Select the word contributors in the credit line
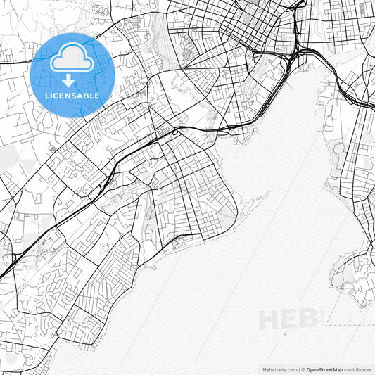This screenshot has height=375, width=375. coord(358,369)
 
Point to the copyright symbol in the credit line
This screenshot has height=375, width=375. coord(303,369)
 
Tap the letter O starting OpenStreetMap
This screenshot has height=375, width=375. coord(308,369)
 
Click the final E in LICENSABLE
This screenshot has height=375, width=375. coord(97,96)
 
